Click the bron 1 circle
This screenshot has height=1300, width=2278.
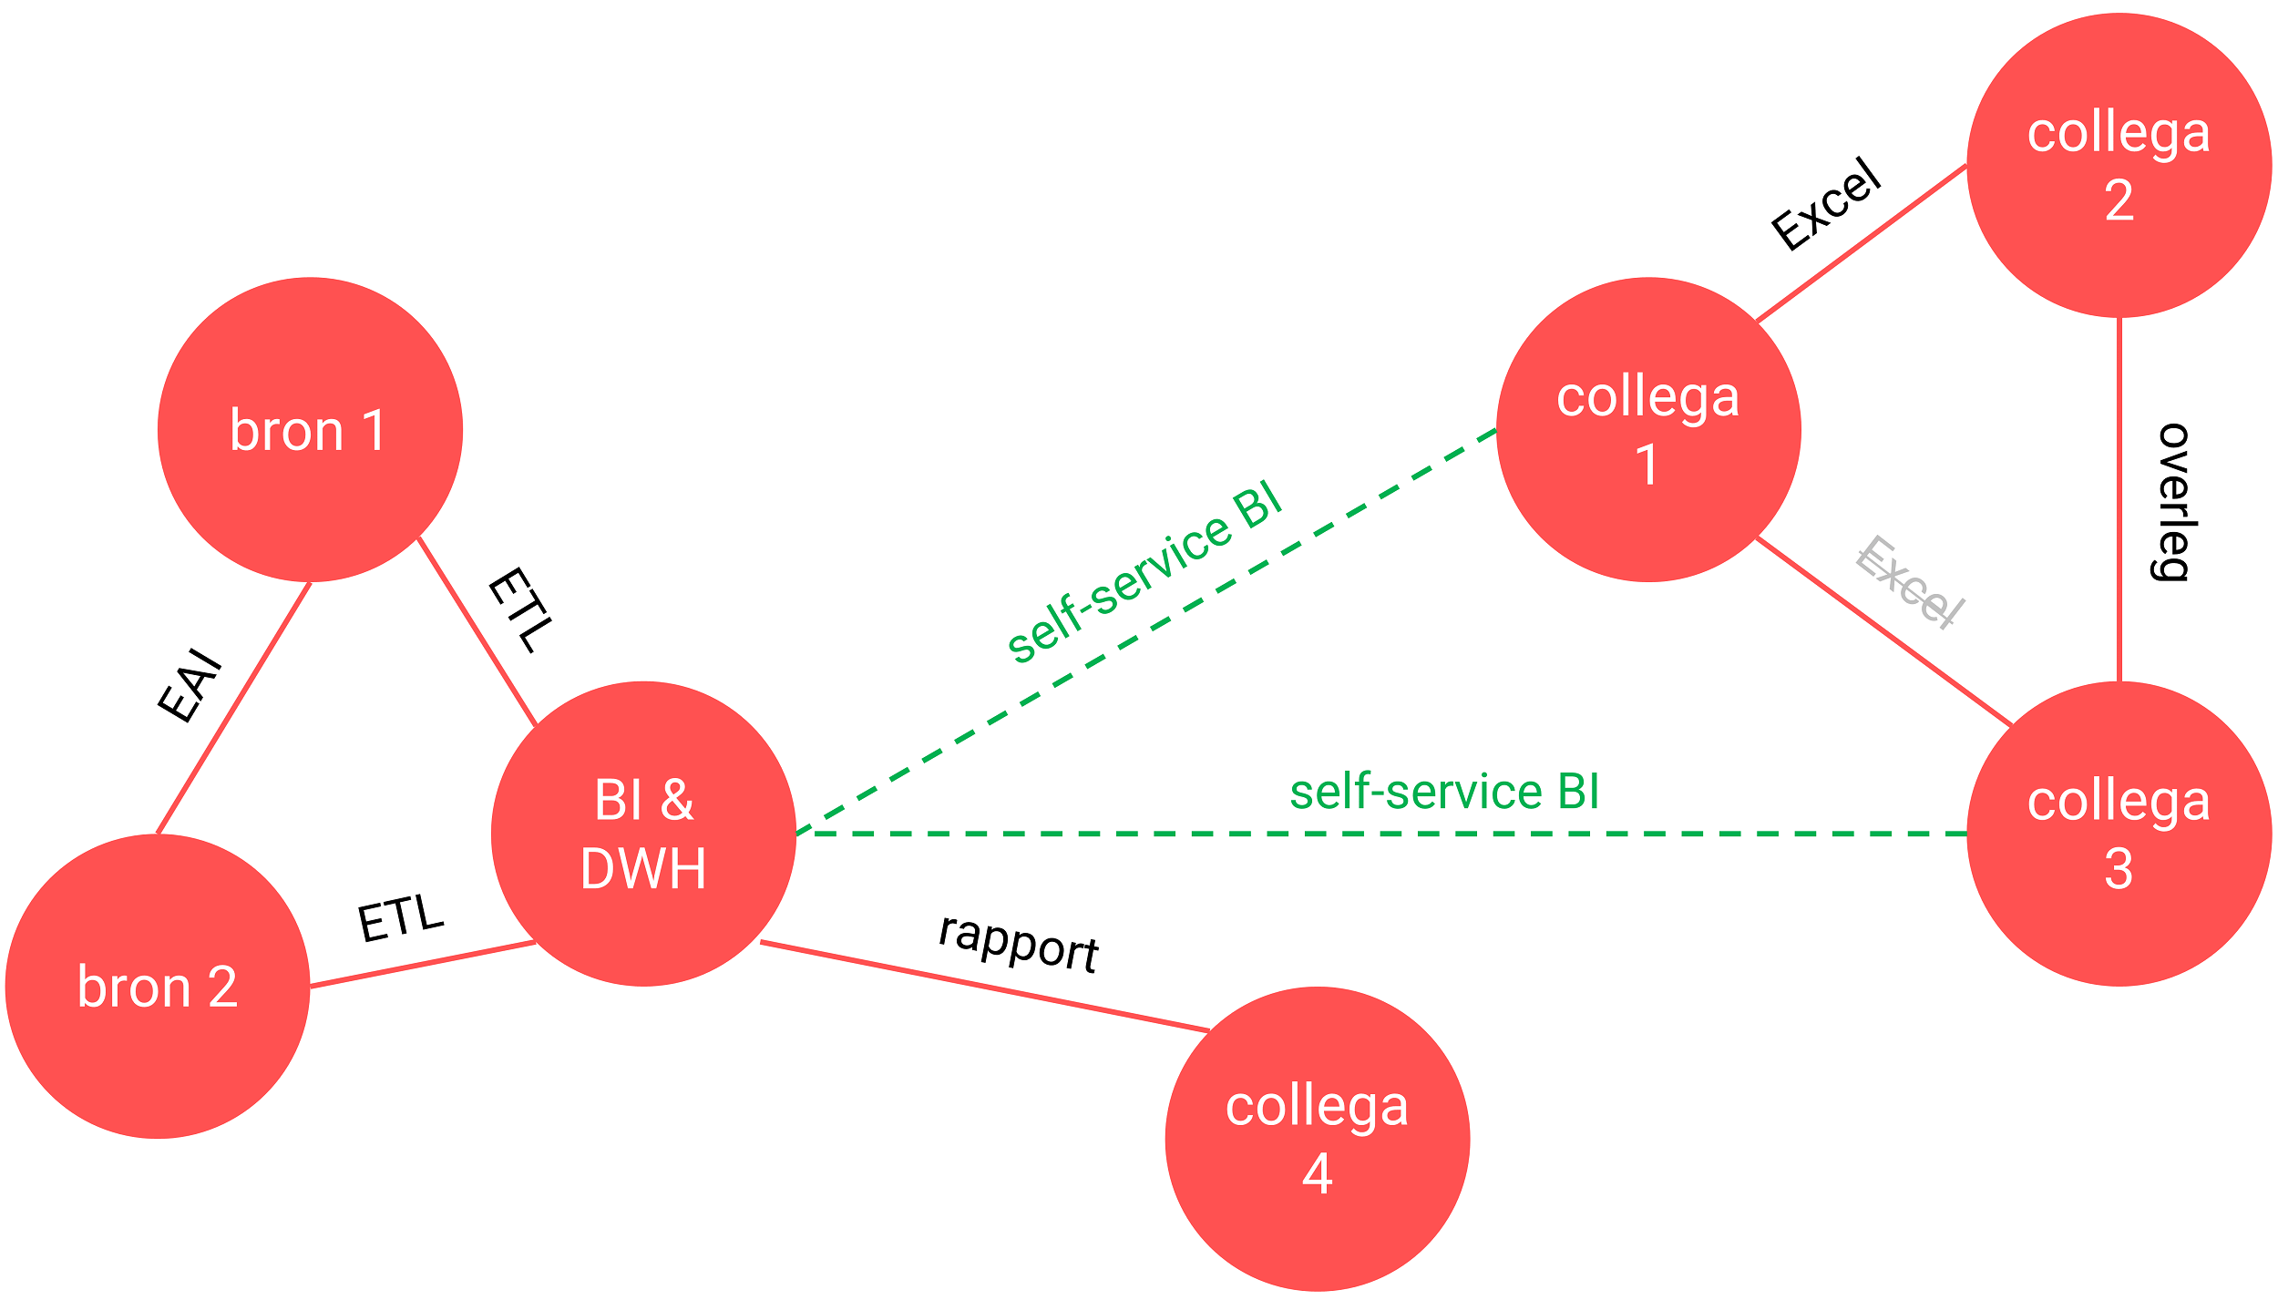(310, 429)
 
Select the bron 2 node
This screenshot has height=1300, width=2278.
(158, 986)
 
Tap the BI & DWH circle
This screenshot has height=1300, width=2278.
(643, 834)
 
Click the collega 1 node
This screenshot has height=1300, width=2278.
(1647, 429)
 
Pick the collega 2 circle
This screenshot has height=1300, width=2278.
(2119, 165)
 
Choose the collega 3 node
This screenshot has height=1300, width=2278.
(2119, 834)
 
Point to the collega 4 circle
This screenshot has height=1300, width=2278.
(1317, 1139)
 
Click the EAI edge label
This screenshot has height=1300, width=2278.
(190, 685)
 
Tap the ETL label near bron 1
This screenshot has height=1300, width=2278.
(520, 609)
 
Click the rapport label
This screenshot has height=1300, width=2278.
(1019, 944)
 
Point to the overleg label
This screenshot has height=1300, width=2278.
(2174, 502)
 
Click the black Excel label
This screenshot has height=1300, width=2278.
(1826, 204)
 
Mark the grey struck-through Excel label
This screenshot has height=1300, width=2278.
(1910, 583)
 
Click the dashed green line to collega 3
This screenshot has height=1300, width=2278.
(1367, 834)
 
